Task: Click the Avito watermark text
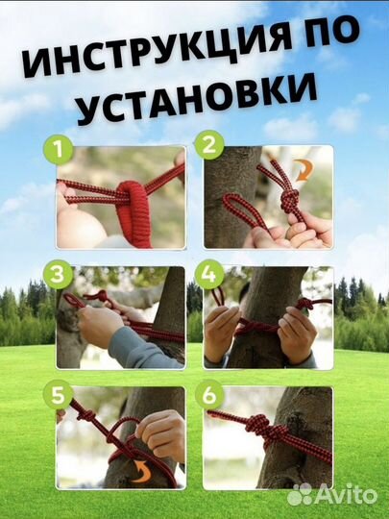coord(348,493)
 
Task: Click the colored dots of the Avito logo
coord(302,493)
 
